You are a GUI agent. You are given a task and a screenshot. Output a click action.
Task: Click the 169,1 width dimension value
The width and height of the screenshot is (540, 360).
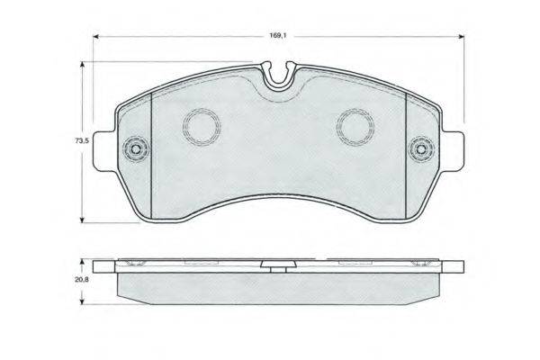278,35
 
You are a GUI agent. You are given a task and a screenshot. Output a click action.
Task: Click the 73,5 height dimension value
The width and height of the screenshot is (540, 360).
82,140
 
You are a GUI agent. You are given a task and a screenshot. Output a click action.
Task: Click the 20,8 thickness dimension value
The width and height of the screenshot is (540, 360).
82,280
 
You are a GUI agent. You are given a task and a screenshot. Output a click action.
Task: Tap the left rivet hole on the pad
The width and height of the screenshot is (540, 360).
136,149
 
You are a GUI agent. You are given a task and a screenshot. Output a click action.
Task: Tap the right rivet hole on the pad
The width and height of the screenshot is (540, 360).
421,149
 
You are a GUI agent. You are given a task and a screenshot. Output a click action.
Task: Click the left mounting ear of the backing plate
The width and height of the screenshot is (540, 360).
104,151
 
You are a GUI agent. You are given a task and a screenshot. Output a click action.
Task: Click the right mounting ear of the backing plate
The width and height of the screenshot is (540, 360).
453,151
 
